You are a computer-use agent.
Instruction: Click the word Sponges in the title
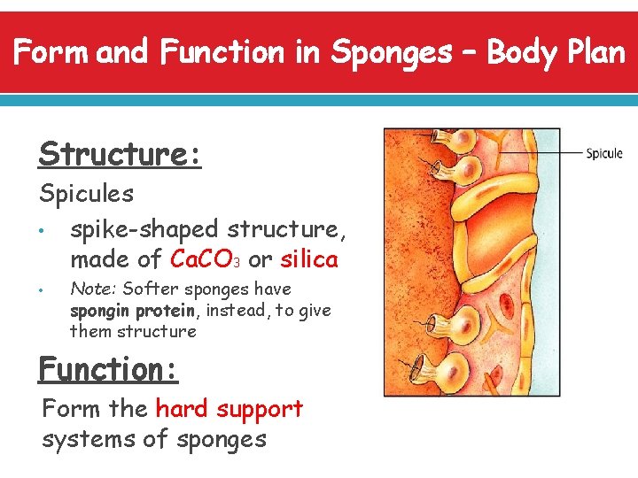[x=391, y=53]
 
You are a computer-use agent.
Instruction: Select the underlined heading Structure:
[x=121, y=154]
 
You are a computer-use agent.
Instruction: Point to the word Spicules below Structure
[x=87, y=192]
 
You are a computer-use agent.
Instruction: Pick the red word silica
[x=309, y=259]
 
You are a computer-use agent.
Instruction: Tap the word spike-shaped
[x=144, y=229]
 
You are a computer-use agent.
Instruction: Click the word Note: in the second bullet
[x=93, y=289]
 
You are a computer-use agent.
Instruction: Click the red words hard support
[x=229, y=409]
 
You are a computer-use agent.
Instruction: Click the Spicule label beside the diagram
[x=604, y=154]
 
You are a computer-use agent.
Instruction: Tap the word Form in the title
[x=52, y=53]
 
